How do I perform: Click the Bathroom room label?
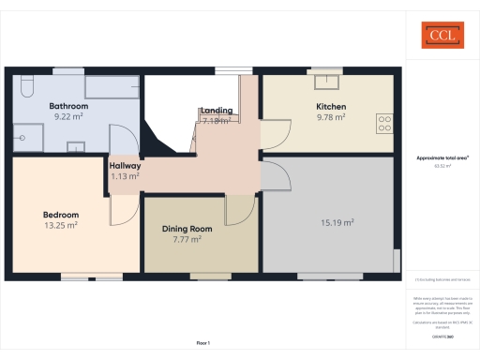[68, 107]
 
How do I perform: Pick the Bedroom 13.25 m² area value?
[60, 225]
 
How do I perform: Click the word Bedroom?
[60, 215]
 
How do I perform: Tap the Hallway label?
[125, 165]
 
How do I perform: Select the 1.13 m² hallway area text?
[125, 175]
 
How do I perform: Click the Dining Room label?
[187, 229]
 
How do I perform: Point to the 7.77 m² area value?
[187, 239]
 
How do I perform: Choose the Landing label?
[217, 111]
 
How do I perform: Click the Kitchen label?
[331, 107]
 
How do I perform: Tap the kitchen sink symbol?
[327, 82]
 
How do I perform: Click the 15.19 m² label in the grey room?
[337, 222]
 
